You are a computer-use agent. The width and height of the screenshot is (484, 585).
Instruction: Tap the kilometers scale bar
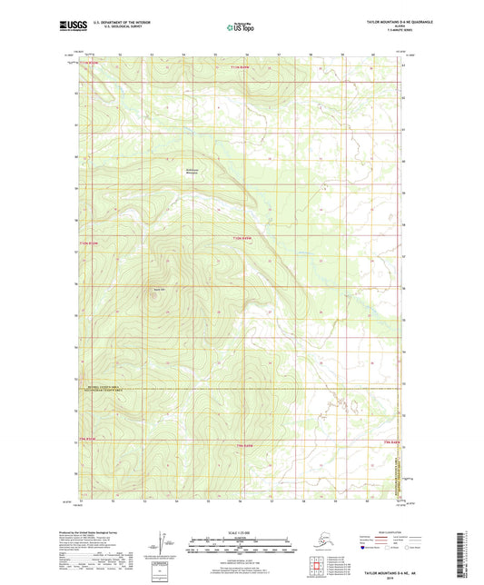point(241,541)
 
